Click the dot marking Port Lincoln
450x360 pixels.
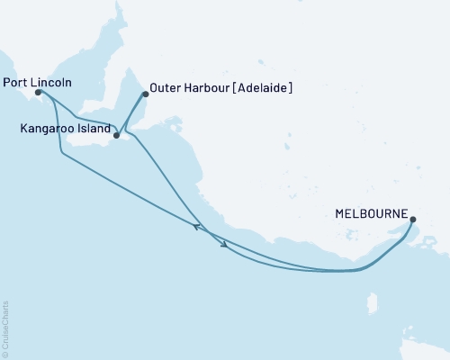pos(39,91)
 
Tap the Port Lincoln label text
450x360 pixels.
pos(38,82)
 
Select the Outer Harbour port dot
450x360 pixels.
pos(146,94)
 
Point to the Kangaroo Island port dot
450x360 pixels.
pos(116,136)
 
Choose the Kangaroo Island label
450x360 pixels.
pos(64,130)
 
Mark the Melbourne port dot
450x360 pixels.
pos(412,219)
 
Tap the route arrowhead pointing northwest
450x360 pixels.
pos(197,227)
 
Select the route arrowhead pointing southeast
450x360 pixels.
pos(223,247)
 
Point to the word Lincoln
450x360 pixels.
pos(50,82)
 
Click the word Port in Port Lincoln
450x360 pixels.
pos(15,82)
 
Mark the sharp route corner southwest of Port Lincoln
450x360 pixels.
pos(60,155)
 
